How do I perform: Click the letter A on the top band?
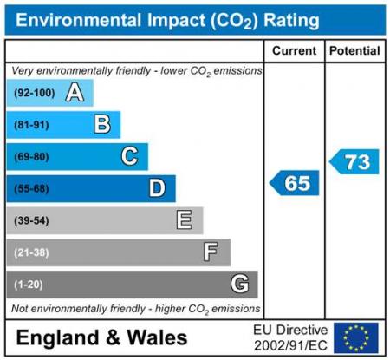75,93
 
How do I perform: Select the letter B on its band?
102,125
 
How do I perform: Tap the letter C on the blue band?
129,157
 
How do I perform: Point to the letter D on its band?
157,188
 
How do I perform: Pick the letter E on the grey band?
185,220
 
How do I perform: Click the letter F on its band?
211,252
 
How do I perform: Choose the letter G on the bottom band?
240,284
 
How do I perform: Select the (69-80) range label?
31,157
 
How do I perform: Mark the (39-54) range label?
31,220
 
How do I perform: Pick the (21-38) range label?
31,252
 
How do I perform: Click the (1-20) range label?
29,284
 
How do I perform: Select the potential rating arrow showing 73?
354,161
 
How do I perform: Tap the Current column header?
295,51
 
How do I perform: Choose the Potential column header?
354,51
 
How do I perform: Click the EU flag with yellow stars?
356,337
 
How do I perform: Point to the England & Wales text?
101,337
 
